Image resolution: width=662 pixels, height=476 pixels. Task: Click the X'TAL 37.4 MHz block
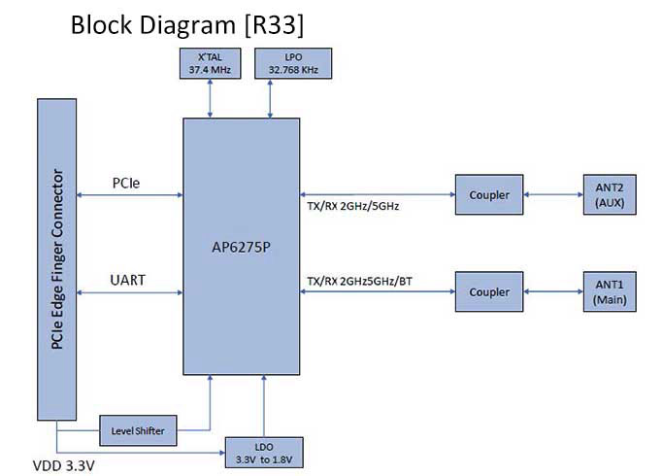(x=209, y=63)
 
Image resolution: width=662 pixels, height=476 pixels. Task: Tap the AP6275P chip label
(x=243, y=248)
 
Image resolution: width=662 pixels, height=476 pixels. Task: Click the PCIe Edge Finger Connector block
(x=57, y=258)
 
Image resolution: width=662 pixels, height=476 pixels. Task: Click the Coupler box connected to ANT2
(x=488, y=194)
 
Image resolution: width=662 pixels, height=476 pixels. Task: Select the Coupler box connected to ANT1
(x=488, y=291)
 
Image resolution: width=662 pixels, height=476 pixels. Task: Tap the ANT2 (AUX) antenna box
(x=609, y=194)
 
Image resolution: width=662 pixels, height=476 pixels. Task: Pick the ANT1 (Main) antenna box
(x=609, y=291)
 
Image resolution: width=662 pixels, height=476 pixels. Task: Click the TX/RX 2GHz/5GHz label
(x=353, y=207)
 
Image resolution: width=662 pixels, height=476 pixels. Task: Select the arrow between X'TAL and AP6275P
(x=209, y=97)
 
